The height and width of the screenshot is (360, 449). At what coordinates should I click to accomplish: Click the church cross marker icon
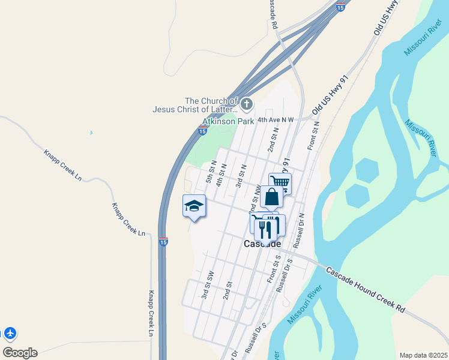click(247, 105)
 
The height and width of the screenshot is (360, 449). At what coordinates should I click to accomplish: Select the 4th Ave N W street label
click(276, 120)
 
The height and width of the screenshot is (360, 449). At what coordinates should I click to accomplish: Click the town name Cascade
click(262, 244)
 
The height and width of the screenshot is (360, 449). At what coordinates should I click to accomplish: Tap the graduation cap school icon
click(194, 206)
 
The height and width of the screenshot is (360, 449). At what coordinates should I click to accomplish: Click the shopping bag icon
click(271, 197)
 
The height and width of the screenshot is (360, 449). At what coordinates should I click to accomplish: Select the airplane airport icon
click(10, 333)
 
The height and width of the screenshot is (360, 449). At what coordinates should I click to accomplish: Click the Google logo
click(20, 352)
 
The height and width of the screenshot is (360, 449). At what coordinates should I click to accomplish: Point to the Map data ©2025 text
click(423, 355)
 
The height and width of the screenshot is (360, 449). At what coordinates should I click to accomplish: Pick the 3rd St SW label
click(208, 284)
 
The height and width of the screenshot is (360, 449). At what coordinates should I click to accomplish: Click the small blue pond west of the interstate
click(91, 132)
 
